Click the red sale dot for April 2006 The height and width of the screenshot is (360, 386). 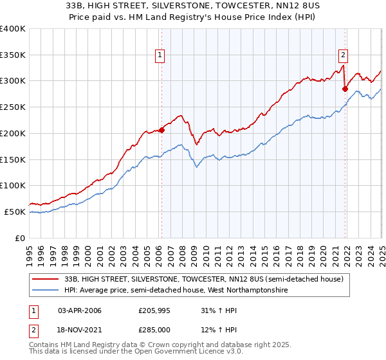(x=161, y=130)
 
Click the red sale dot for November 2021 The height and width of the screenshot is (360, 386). (x=345, y=88)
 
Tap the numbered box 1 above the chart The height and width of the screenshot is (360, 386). (x=160, y=56)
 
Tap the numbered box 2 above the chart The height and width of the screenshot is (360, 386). (x=344, y=56)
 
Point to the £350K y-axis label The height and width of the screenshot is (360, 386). (x=13, y=55)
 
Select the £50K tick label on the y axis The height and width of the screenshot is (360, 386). (x=15, y=212)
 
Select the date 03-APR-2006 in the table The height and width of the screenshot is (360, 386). (x=80, y=311)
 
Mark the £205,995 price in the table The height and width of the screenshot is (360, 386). (x=155, y=311)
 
